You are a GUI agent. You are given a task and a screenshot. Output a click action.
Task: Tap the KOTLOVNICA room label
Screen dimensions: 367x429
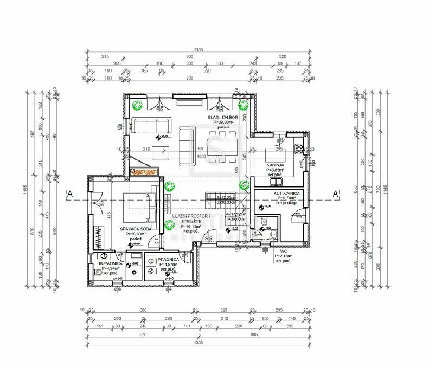pyautogui.click(x=288, y=193)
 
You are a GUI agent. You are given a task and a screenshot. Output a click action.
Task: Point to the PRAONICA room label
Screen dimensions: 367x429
pyautogui.click(x=168, y=260)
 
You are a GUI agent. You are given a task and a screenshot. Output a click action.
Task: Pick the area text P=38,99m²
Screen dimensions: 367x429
pyautogui.click(x=223, y=123)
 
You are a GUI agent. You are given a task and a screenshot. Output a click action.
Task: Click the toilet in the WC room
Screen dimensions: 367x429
pyautogui.click(x=272, y=234)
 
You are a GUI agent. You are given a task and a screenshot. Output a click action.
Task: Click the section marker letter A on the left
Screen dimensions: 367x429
pyautogui.click(x=69, y=194)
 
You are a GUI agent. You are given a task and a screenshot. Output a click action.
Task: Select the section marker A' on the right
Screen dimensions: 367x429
pyautogui.click(x=336, y=194)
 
